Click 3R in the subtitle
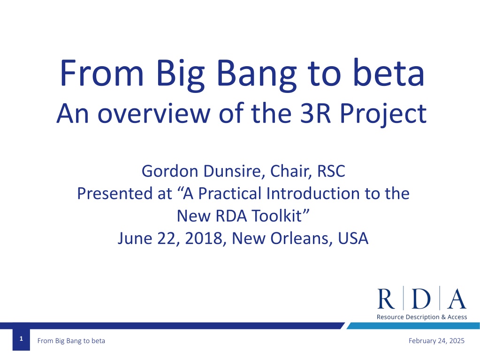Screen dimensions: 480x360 316,113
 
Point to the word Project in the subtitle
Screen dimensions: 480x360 383,114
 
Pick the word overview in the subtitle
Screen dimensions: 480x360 154,113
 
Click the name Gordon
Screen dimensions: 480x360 170,171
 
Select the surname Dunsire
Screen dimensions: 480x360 234,171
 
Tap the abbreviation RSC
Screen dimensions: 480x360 331,171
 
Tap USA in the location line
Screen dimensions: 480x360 353,238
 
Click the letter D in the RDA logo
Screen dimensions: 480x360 421,299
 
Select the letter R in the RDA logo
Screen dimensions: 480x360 386,299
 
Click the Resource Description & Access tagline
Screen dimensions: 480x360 422,317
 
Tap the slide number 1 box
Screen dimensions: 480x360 21,339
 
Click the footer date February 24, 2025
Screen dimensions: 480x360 436,341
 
